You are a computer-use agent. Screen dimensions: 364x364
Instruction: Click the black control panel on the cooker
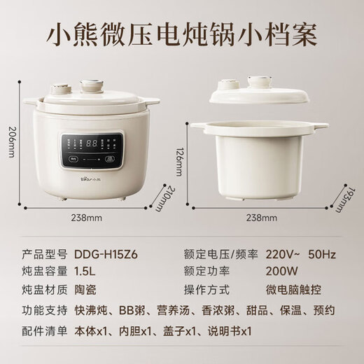91,148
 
